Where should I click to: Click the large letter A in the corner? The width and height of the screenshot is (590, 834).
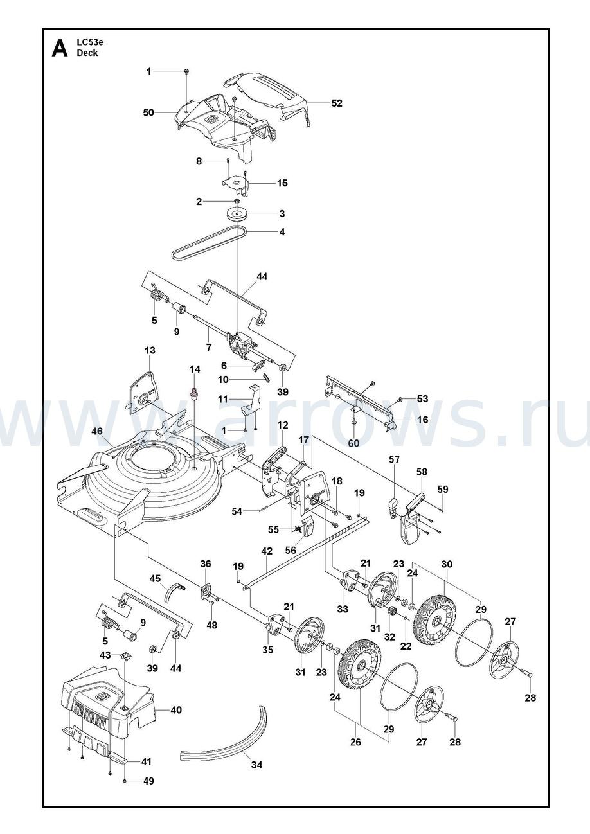coord(59,49)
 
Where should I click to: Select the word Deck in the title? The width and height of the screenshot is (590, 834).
coord(87,53)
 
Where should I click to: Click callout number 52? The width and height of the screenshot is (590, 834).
coord(337,103)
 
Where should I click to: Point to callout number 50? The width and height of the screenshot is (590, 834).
coord(148,112)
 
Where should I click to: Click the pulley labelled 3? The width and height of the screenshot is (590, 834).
coord(237,213)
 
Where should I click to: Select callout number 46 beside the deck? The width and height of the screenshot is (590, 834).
coord(97,431)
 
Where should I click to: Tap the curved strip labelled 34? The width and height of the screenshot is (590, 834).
coord(225,739)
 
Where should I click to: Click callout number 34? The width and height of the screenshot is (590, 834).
coord(256,765)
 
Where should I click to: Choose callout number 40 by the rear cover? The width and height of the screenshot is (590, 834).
coord(175,710)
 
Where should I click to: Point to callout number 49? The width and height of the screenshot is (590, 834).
coord(148,781)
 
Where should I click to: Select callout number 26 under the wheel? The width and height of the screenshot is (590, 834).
coord(355,742)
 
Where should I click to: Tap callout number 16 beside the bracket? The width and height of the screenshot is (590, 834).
coord(422,420)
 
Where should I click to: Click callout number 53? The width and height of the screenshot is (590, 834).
coord(422,399)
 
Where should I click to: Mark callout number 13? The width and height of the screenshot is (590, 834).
coord(150,350)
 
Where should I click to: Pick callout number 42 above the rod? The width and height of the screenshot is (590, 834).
coord(267,551)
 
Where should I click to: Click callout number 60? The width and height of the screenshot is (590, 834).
coord(353,443)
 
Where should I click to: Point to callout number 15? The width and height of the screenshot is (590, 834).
coord(282,183)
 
